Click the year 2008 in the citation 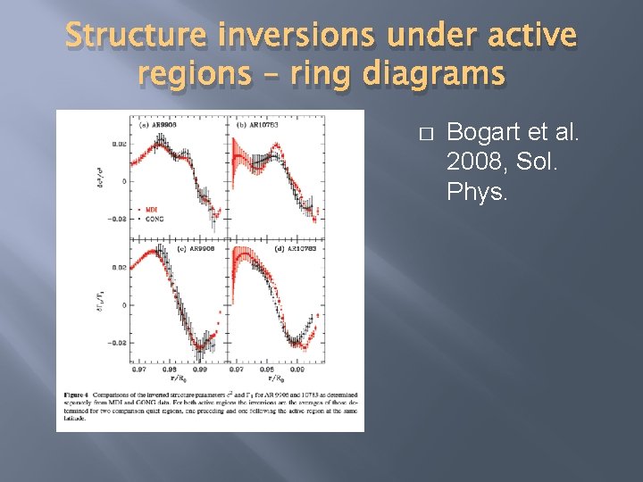[472, 162]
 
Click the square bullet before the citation [425, 134]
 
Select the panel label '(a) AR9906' [154, 124]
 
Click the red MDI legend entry [153, 209]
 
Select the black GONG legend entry [154, 218]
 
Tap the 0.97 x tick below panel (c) [139, 368]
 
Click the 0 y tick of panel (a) [124, 181]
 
